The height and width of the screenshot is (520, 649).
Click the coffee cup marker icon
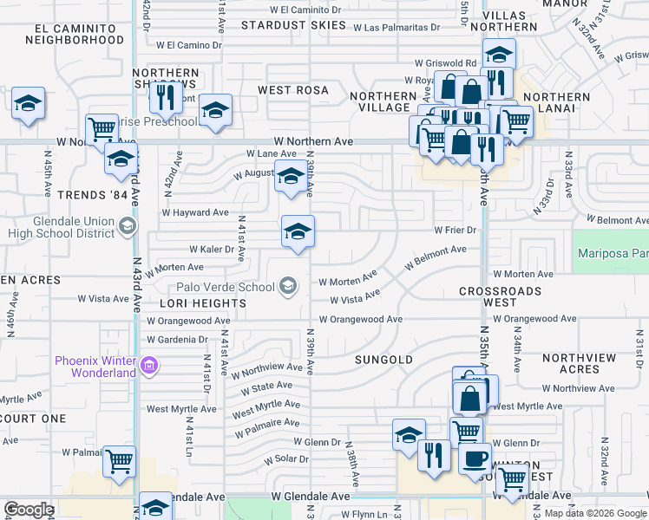tap(475, 458)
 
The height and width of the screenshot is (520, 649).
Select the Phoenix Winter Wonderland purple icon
tap(149, 367)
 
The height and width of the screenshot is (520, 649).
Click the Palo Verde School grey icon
tap(287, 285)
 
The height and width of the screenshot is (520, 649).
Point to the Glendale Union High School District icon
tap(128, 227)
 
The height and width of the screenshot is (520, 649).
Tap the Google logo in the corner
tap(29, 510)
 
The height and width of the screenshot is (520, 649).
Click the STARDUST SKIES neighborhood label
tap(293, 25)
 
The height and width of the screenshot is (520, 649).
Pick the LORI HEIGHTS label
tap(203, 303)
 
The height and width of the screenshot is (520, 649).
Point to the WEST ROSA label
tap(293, 90)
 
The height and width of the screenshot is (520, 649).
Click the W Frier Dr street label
tap(456, 230)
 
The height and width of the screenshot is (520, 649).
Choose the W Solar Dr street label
tap(285, 458)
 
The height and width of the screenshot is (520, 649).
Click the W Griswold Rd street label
tap(445, 63)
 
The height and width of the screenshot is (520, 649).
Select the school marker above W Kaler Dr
tap(298, 231)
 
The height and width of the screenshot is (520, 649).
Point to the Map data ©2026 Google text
tap(595, 513)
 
